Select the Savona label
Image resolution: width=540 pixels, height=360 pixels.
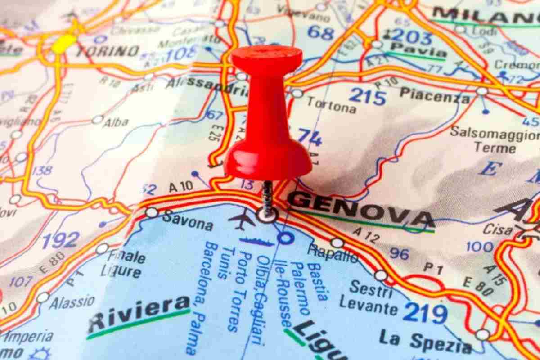point(188,221)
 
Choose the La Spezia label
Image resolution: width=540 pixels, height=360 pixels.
point(425,341)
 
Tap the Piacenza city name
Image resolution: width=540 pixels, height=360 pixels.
point(435,94)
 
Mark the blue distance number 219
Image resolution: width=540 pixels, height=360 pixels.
point(425,313)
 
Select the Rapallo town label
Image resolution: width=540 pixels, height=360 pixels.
point(333,254)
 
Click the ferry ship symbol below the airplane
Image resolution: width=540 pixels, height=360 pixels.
point(256,242)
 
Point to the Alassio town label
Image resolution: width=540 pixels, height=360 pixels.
point(72,301)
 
